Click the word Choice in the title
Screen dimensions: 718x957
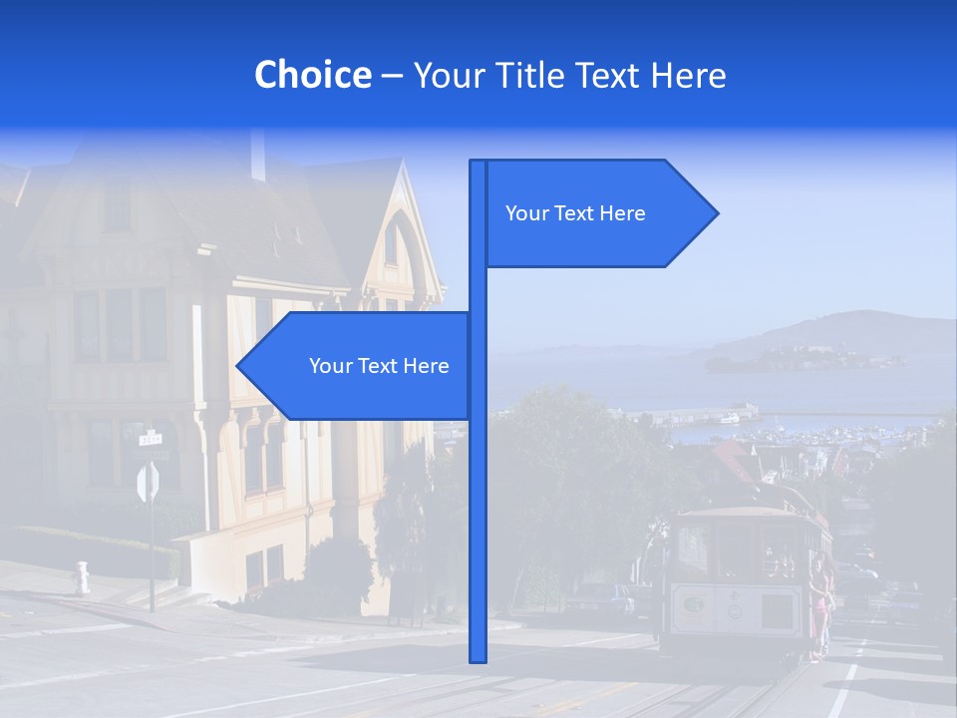point(312,75)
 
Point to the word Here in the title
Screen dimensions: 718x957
point(688,75)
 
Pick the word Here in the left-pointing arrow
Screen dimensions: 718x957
point(426,366)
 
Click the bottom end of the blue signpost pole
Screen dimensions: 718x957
point(478,658)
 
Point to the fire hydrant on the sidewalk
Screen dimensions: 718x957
point(82,577)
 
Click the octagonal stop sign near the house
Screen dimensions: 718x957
point(148,483)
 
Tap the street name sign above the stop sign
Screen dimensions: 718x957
point(150,438)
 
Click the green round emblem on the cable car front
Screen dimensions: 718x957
point(695,604)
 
